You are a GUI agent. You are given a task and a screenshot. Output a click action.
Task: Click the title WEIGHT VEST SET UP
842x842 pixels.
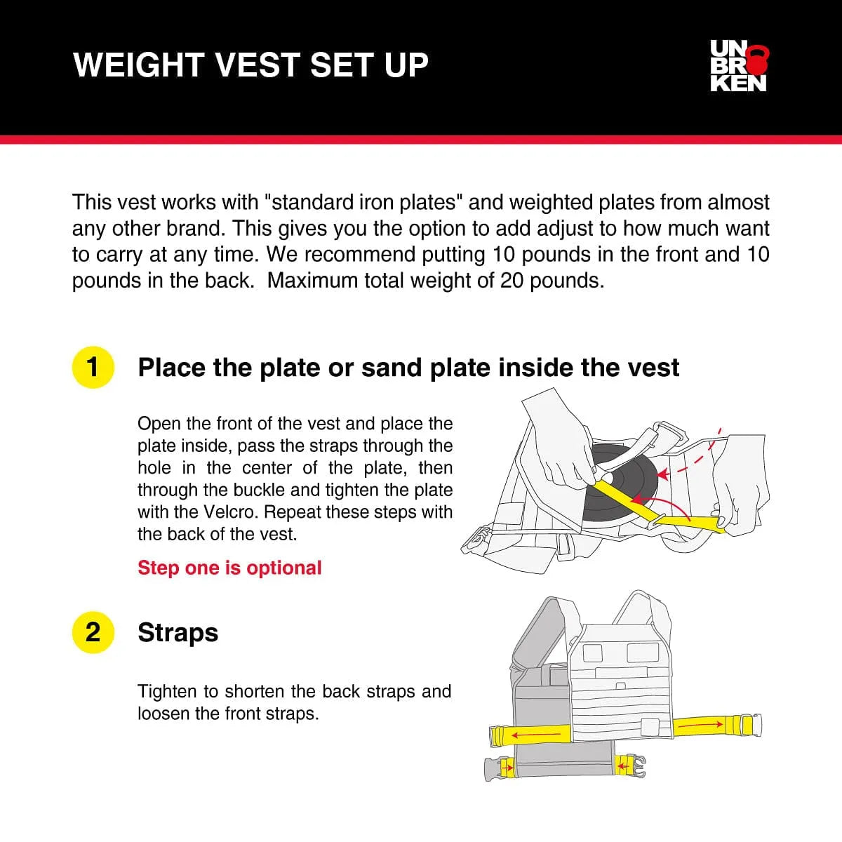point(250,65)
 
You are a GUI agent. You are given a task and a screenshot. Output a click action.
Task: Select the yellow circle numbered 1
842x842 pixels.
point(93,367)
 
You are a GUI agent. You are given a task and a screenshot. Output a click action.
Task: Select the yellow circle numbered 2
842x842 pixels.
point(93,632)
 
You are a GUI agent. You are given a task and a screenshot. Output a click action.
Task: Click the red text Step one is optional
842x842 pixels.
point(229,568)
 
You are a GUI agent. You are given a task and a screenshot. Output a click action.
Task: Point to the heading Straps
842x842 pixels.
point(178,632)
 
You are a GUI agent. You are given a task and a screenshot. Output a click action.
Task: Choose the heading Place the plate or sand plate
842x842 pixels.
point(408,367)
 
